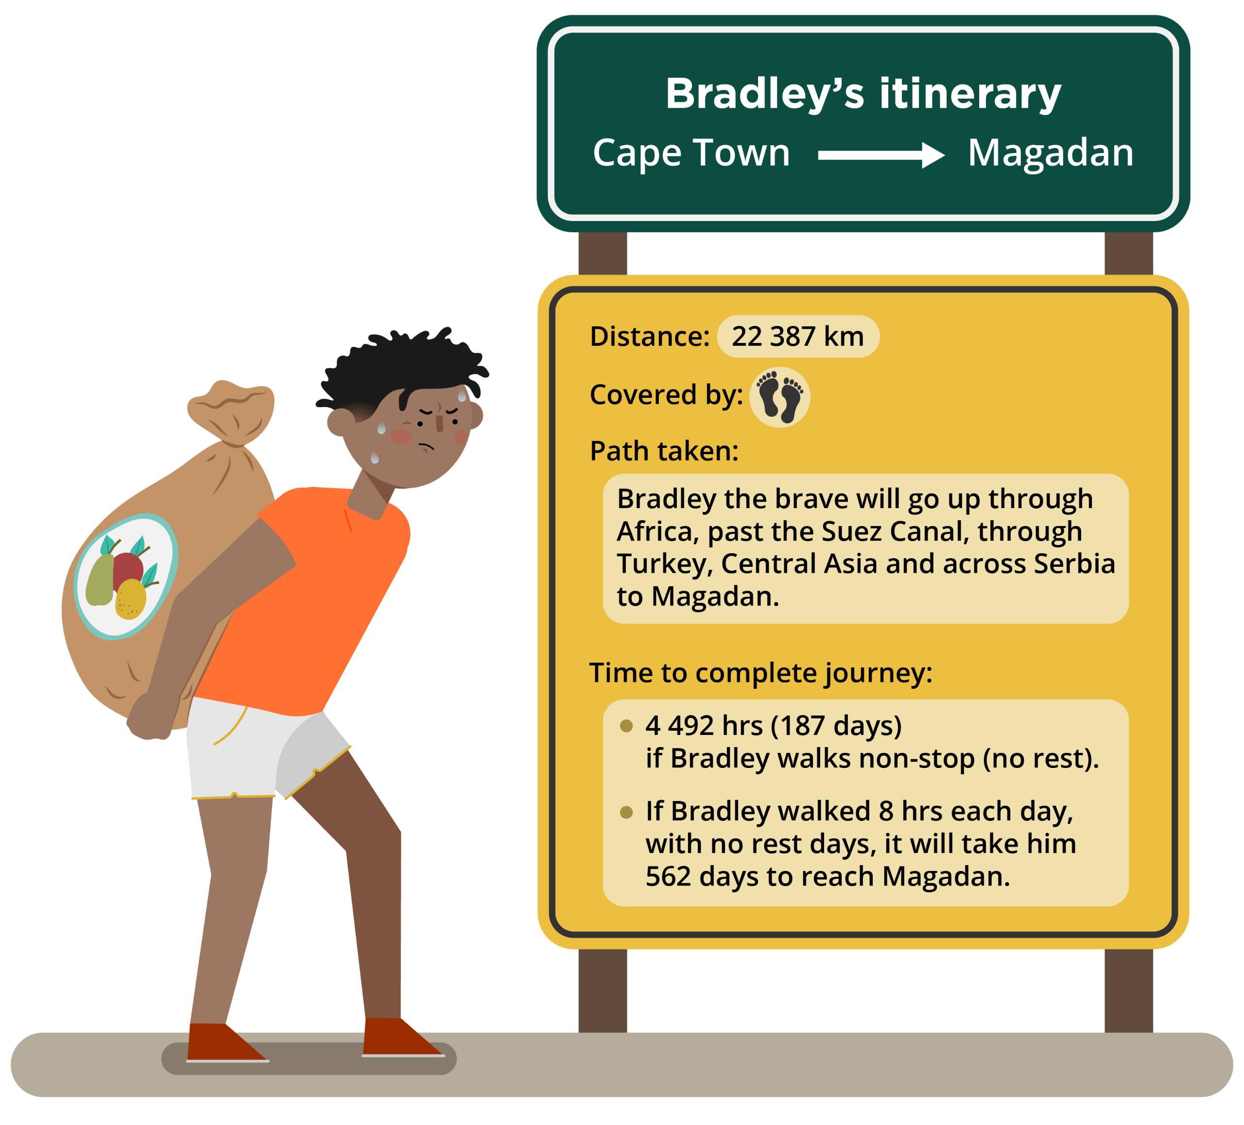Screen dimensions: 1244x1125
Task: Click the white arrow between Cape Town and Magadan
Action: (x=881, y=155)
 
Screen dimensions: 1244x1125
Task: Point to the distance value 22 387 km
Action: (x=797, y=336)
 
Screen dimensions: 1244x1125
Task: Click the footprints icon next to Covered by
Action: (x=779, y=397)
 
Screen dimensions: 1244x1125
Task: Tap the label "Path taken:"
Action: (x=664, y=451)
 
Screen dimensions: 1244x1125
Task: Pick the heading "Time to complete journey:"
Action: (x=761, y=672)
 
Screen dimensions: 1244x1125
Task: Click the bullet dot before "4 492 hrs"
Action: (x=626, y=725)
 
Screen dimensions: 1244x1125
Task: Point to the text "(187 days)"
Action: (x=836, y=725)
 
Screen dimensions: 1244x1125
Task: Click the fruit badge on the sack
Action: (x=126, y=576)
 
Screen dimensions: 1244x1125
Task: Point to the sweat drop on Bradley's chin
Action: (x=375, y=458)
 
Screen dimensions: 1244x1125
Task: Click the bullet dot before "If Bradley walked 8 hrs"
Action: (x=626, y=812)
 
